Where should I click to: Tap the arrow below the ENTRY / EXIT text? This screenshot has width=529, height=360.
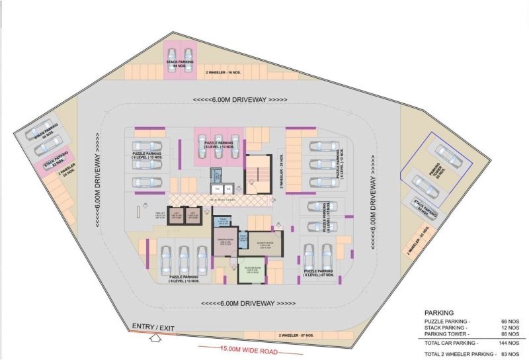click(156, 339)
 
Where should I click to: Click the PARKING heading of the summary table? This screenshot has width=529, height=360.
click(438, 312)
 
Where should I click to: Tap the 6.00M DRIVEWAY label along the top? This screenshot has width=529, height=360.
click(239, 100)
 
